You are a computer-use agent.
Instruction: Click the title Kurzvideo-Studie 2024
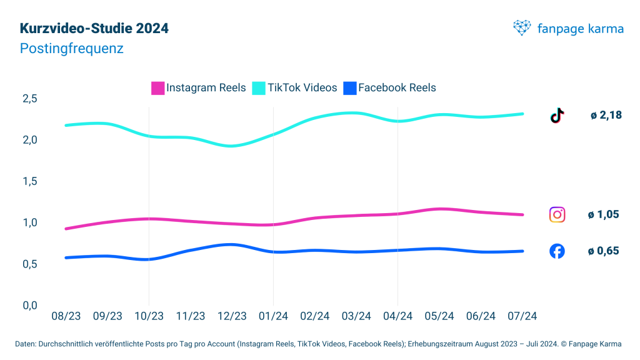(94, 28)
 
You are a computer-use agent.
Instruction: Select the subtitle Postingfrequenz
(71, 48)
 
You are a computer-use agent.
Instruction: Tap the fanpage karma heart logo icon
(522, 27)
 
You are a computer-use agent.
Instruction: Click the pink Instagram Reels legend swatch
(158, 88)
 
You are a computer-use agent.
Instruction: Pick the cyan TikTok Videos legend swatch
(259, 88)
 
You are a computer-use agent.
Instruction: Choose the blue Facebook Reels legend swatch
(350, 88)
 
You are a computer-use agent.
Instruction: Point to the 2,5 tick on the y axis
(30, 99)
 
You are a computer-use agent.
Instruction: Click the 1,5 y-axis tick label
(30, 181)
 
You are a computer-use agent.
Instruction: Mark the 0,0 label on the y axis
(30, 305)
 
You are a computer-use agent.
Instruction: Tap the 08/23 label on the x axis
(66, 316)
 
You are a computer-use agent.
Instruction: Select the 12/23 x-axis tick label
(232, 316)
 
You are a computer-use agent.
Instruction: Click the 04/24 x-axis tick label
(398, 316)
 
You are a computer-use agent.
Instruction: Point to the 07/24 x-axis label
(522, 316)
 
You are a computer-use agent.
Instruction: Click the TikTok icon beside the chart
(557, 115)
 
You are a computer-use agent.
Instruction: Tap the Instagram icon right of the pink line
(557, 214)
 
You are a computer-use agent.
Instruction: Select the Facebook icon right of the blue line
(557, 251)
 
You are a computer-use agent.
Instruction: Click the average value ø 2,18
(606, 115)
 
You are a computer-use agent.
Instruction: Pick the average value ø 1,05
(603, 214)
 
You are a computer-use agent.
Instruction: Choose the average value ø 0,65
(603, 251)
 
